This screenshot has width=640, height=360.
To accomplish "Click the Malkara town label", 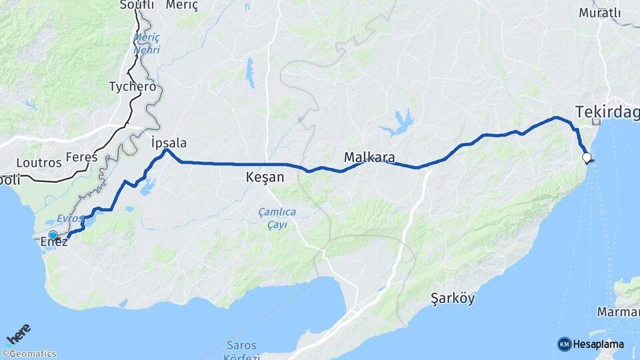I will (369, 158).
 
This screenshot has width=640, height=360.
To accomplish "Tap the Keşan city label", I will (265, 177).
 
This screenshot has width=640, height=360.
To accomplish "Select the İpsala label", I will (169, 143).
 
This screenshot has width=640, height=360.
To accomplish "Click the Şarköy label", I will (453, 298).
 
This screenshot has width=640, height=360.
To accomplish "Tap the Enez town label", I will (54, 242).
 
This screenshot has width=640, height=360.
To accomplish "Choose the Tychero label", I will (133, 87).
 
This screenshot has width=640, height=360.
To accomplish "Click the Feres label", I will (81, 157).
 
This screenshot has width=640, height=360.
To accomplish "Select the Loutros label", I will (39, 162).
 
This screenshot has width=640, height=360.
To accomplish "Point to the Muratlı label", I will (599, 13).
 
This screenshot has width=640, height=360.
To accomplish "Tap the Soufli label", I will (137, 5).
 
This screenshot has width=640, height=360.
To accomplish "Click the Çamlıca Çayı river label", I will (277, 219).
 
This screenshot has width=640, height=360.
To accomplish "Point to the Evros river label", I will (69, 218).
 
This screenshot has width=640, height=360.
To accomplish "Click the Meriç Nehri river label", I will (146, 43).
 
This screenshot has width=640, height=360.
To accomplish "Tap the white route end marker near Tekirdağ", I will (587, 158).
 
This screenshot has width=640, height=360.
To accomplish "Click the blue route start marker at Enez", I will (53, 235).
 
